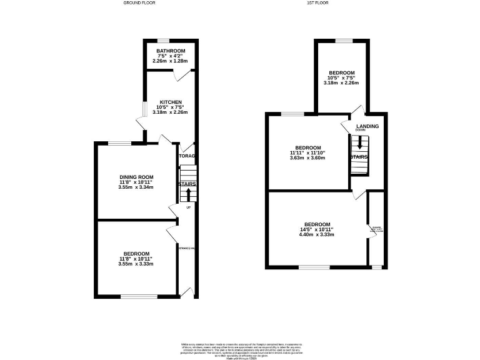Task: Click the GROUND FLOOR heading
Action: (139, 3)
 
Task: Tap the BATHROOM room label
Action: (171, 51)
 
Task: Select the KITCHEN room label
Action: (171, 102)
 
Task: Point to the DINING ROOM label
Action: (136, 177)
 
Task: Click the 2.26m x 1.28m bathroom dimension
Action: (171, 61)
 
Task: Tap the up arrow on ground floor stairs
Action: (187, 194)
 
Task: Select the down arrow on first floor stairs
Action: (359, 143)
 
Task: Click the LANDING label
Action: (367, 126)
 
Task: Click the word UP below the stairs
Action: (188, 207)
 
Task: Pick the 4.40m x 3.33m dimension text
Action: (317, 235)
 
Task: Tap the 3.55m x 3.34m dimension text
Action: (136, 187)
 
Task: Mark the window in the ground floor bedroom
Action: (134, 296)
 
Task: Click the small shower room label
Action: (376, 229)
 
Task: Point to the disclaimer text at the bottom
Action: (239, 347)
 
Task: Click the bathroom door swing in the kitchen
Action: (179, 74)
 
